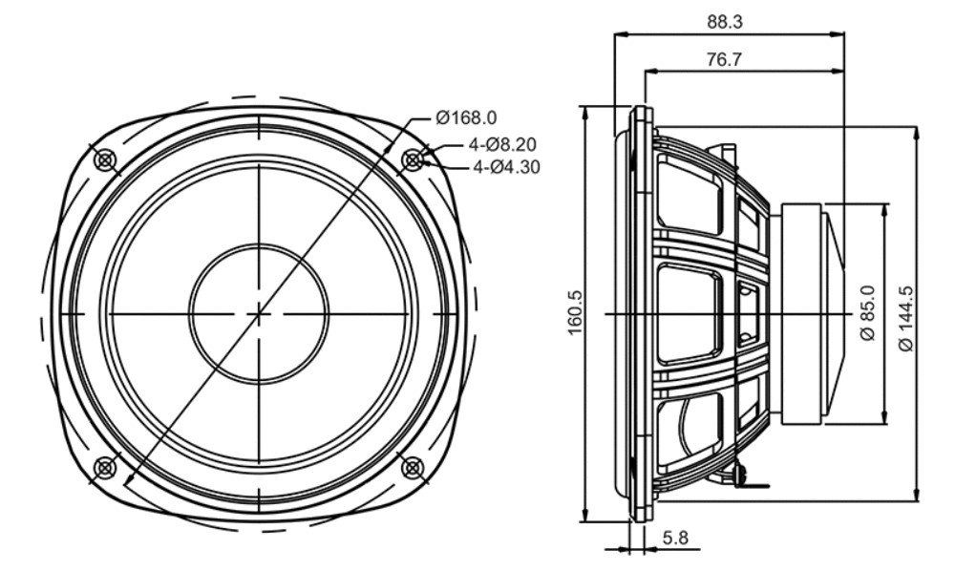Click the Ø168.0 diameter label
pyautogui.click(x=466, y=116)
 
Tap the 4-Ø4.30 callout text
pyautogui.click(x=506, y=166)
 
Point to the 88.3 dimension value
pyautogui.click(x=725, y=22)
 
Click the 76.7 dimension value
pyautogui.click(x=725, y=59)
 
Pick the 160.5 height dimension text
pyautogui.click(x=576, y=313)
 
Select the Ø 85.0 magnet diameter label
pyautogui.click(x=868, y=313)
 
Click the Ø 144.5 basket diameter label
pyautogui.click(x=907, y=318)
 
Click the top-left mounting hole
pyautogui.click(x=105, y=160)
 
